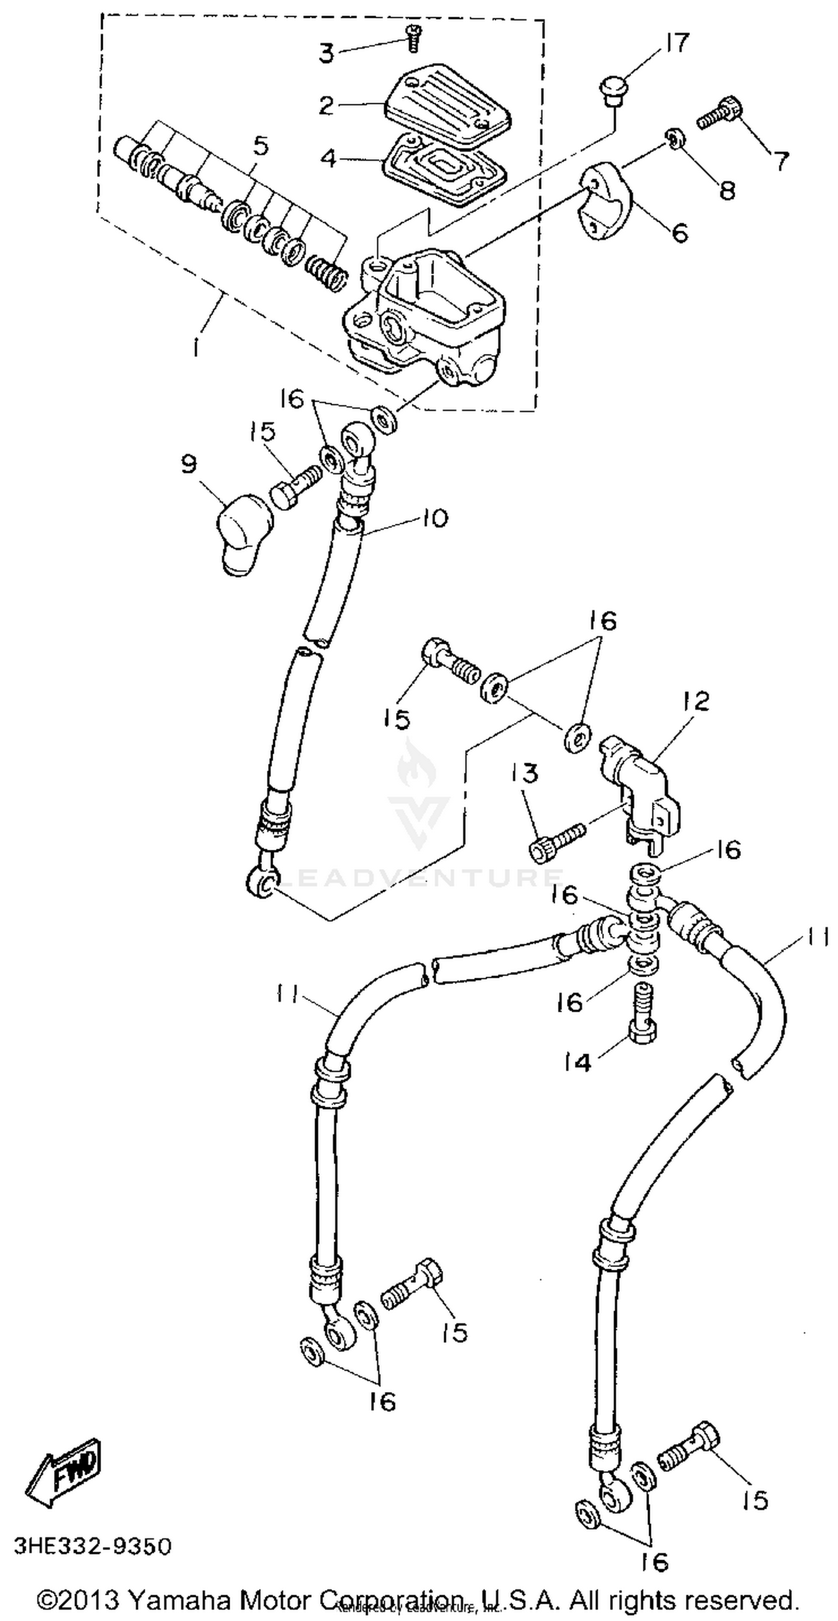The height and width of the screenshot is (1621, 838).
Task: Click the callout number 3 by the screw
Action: (x=326, y=54)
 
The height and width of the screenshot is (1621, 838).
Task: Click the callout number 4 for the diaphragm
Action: (x=328, y=159)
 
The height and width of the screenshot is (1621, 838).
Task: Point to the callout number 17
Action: (x=675, y=44)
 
